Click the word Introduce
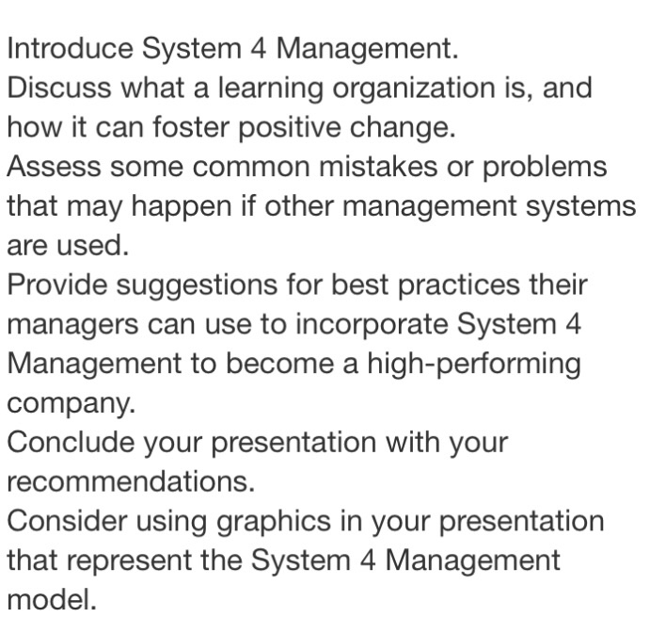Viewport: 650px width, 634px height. (x=69, y=48)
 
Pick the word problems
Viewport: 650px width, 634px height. (x=547, y=167)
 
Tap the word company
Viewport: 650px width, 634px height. (x=71, y=403)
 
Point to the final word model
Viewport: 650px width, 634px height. (x=52, y=600)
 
